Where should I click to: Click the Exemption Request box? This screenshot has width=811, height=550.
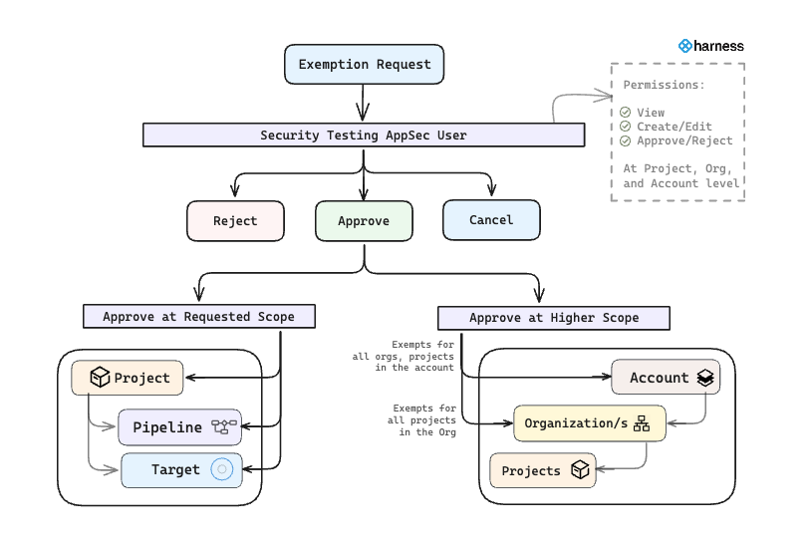(x=364, y=65)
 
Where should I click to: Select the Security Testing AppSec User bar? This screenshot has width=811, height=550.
(x=363, y=136)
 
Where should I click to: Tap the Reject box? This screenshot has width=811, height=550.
(x=235, y=221)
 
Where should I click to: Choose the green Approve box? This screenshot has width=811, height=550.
(x=364, y=221)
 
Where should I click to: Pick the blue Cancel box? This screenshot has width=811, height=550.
(x=491, y=220)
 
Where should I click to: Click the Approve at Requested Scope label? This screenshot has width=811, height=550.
(x=199, y=317)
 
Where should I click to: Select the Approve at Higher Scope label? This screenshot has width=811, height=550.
(x=554, y=318)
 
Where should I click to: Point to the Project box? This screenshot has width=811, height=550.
(x=128, y=378)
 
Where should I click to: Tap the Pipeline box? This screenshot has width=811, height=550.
(x=180, y=426)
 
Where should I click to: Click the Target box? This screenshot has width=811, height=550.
(x=181, y=469)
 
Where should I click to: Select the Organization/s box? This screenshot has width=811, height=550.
(x=588, y=423)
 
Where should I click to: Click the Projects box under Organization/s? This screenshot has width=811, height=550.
(x=543, y=470)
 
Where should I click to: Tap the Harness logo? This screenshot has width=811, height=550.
(x=710, y=46)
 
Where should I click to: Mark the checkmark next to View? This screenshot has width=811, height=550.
(x=626, y=113)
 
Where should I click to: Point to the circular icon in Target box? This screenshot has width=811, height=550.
(x=221, y=469)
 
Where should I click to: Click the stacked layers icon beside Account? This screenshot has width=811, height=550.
(x=705, y=378)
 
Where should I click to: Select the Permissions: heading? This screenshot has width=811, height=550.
(x=664, y=85)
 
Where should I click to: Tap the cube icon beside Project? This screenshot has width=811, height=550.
(x=100, y=378)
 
